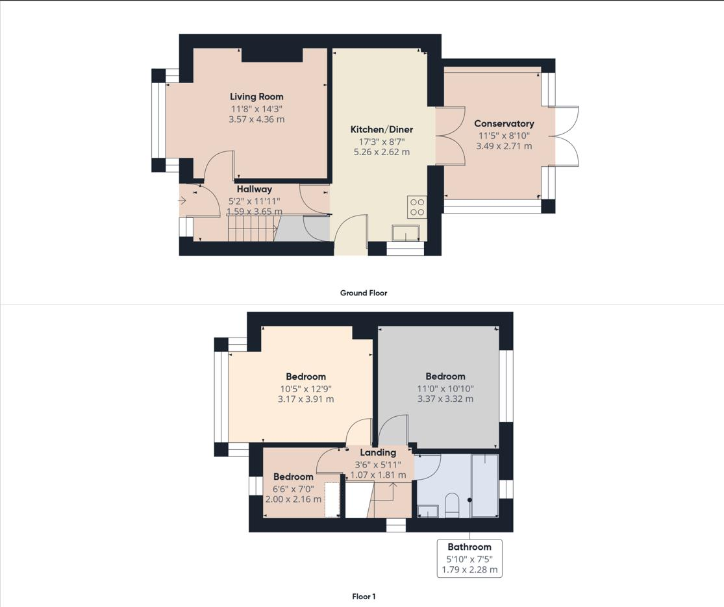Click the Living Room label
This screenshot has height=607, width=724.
coord(256,97)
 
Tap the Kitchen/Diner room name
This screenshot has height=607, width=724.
coord(381,129)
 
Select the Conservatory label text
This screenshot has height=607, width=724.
coord(504,123)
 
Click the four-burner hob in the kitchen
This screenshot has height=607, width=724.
coord(417,207)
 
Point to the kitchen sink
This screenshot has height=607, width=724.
coord(406,233)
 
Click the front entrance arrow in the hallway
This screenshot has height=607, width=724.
coord(182,201)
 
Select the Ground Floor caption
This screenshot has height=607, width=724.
coord(364,293)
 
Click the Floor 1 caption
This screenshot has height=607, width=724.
coord(364,596)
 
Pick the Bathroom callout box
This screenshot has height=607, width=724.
coord(469,558)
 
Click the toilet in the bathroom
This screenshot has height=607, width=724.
coord(452,505)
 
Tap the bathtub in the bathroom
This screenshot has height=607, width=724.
coord(484,486)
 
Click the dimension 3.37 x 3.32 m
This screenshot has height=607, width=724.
coord(445,399)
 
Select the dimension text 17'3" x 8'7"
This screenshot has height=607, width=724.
coord(381,141)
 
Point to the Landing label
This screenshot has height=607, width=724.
coord(378,452)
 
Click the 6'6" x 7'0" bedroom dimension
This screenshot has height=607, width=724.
coord(293,488)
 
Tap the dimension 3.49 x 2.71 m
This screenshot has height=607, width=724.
coord(504,146)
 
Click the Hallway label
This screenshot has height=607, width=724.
coord(254,190)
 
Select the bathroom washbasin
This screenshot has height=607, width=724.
coord(428,512)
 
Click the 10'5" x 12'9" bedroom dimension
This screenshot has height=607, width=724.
coord(306,388)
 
